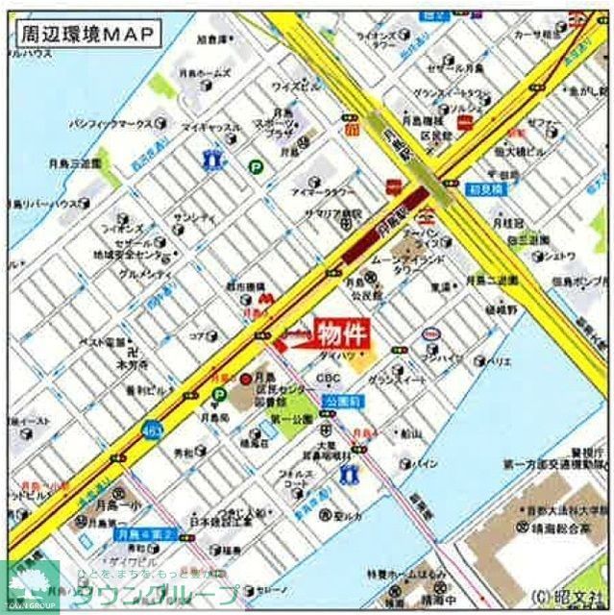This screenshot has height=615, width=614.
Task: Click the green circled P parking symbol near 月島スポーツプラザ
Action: point(257,166)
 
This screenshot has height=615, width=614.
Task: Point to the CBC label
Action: point(329,378)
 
